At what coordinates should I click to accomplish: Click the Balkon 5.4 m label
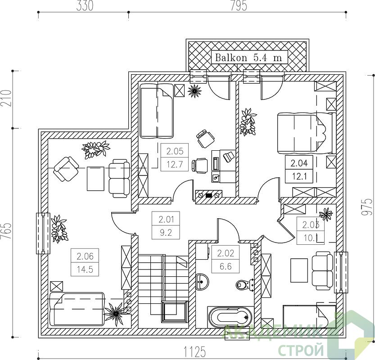248,57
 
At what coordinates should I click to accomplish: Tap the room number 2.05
175,151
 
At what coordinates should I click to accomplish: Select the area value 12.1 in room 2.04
299,177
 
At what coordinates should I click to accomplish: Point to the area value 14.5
85,269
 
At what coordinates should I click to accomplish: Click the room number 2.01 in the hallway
166,219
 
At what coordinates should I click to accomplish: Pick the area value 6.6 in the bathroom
226,266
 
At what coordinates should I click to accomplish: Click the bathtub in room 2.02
230,317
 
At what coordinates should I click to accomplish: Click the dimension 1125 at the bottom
194,351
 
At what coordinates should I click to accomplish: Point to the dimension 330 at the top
85,6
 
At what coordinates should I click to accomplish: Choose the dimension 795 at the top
239,6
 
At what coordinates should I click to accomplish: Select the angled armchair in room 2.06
66,169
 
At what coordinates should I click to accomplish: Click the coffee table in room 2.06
95,179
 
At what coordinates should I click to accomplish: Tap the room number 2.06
85,256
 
